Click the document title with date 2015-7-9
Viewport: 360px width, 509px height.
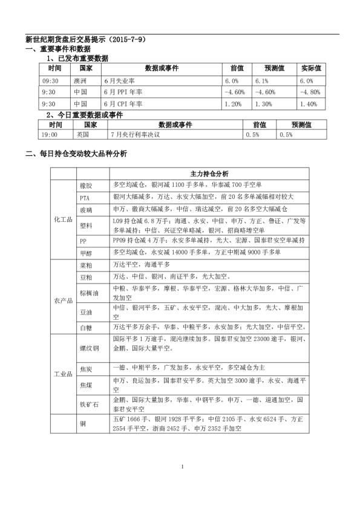85,39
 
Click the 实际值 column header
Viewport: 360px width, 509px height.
312,69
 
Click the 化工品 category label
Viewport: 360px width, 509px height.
63,219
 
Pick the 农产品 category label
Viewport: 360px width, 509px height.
63,300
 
